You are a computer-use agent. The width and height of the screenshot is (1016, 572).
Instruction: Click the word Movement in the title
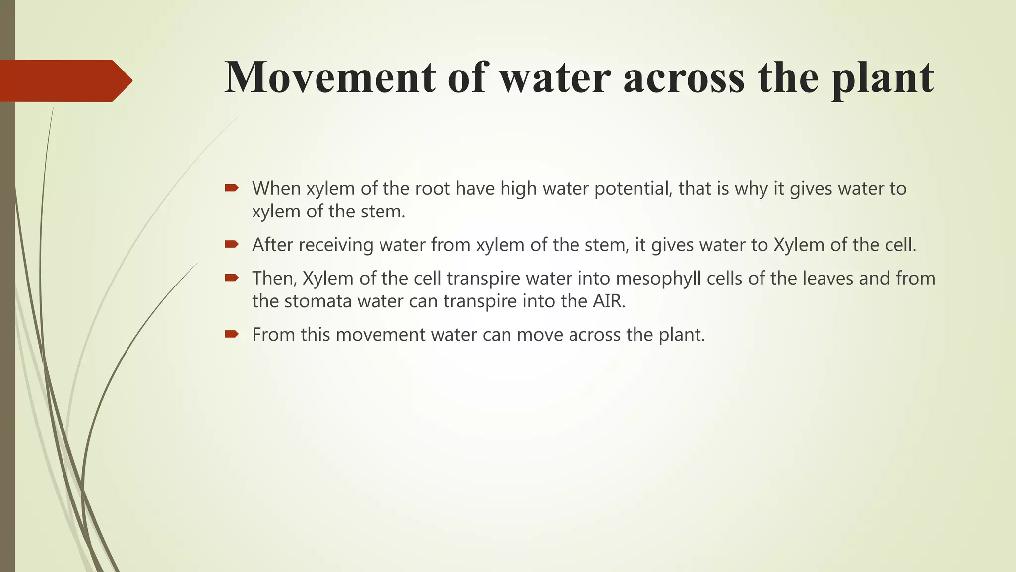coord(329,77)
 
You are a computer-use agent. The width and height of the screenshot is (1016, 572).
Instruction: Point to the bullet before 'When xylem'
coord(232,188)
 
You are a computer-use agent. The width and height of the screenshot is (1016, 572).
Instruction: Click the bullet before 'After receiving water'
coord(232,244)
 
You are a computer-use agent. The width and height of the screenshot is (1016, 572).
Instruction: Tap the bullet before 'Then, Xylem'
coord(232,278)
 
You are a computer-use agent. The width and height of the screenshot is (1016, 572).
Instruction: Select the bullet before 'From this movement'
coord(232,334)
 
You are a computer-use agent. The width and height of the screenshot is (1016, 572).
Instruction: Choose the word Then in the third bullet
coord(273,279)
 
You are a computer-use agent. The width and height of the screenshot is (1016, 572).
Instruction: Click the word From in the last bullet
coord(273,335)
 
